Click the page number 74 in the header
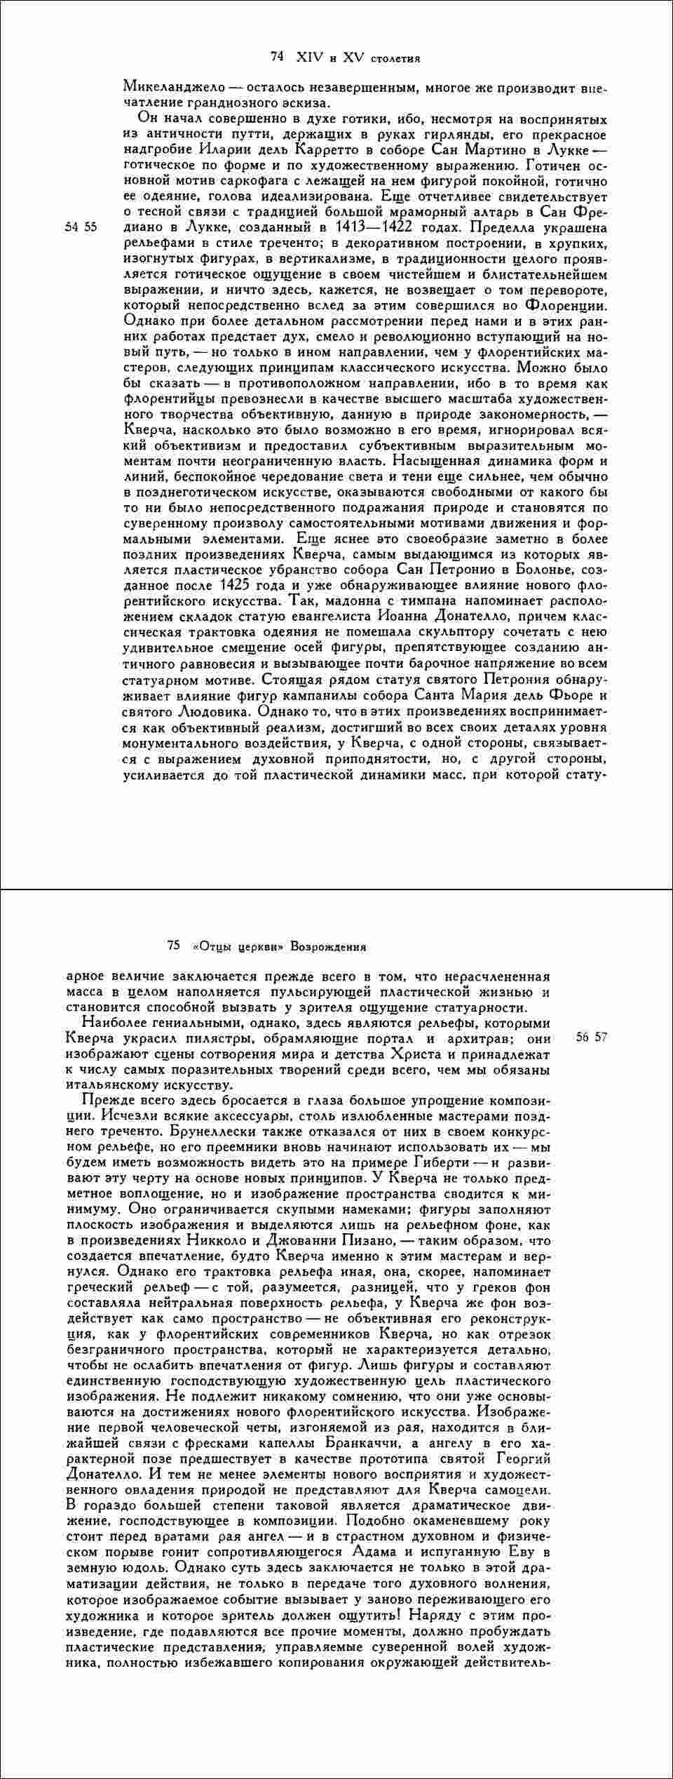tap(277, 56)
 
